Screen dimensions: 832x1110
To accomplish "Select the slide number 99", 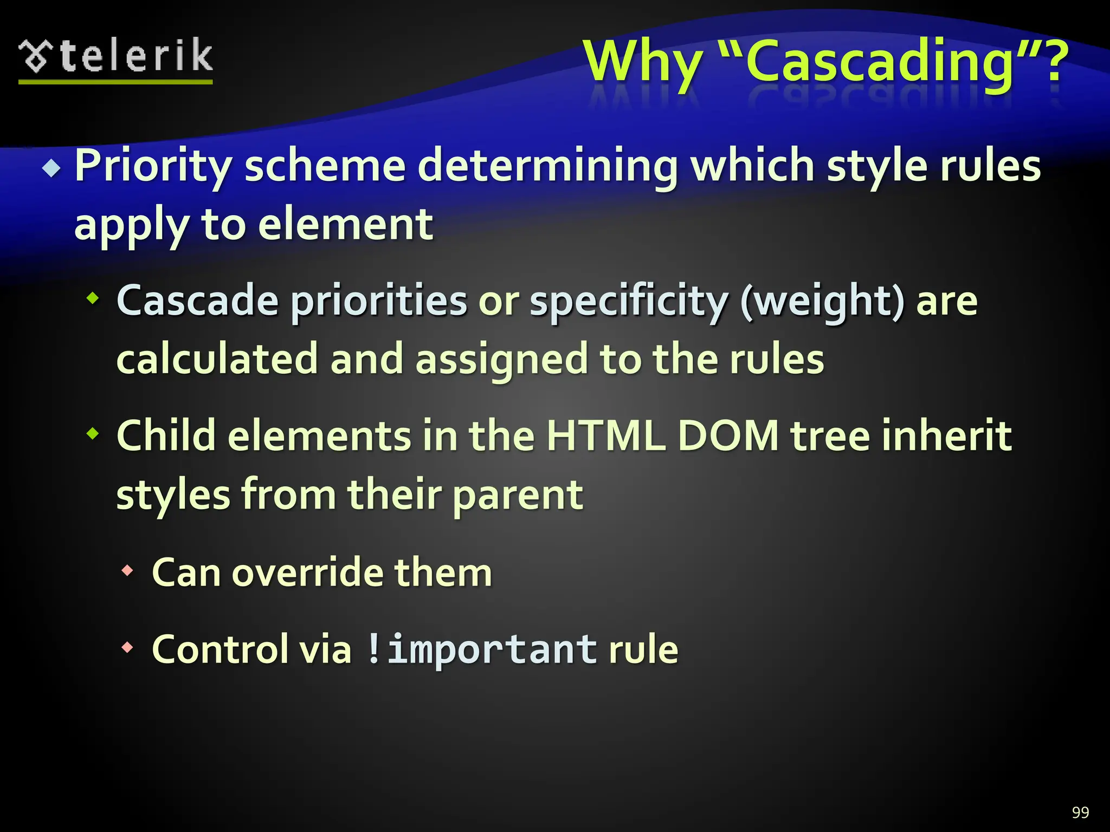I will tap(1080, 812).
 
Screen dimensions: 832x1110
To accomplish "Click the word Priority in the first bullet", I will tap(153, 166).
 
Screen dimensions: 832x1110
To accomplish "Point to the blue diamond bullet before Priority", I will tap(51, 168).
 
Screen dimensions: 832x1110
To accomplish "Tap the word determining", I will tap(548, 166).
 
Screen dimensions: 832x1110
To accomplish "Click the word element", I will tap(345, 224).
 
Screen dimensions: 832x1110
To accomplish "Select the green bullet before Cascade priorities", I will tap(93, 297).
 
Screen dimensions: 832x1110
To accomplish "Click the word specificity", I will tap(629, 301).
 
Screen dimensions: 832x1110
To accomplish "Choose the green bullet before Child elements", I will tap(93, 433).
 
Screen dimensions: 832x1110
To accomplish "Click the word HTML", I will tap(605, 435).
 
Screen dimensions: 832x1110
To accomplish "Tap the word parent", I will tap(518, 495).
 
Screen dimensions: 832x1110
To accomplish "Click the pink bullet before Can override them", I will tap(127, 570).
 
